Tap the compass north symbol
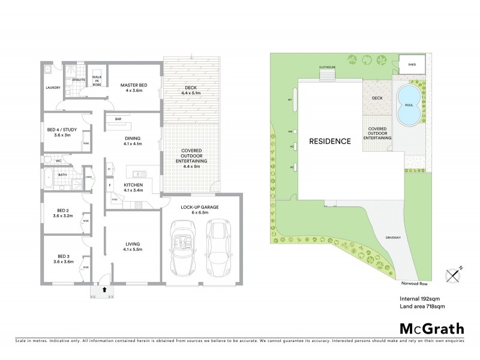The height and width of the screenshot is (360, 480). [452, 274]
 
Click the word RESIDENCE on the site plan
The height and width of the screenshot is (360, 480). [329, 142]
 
